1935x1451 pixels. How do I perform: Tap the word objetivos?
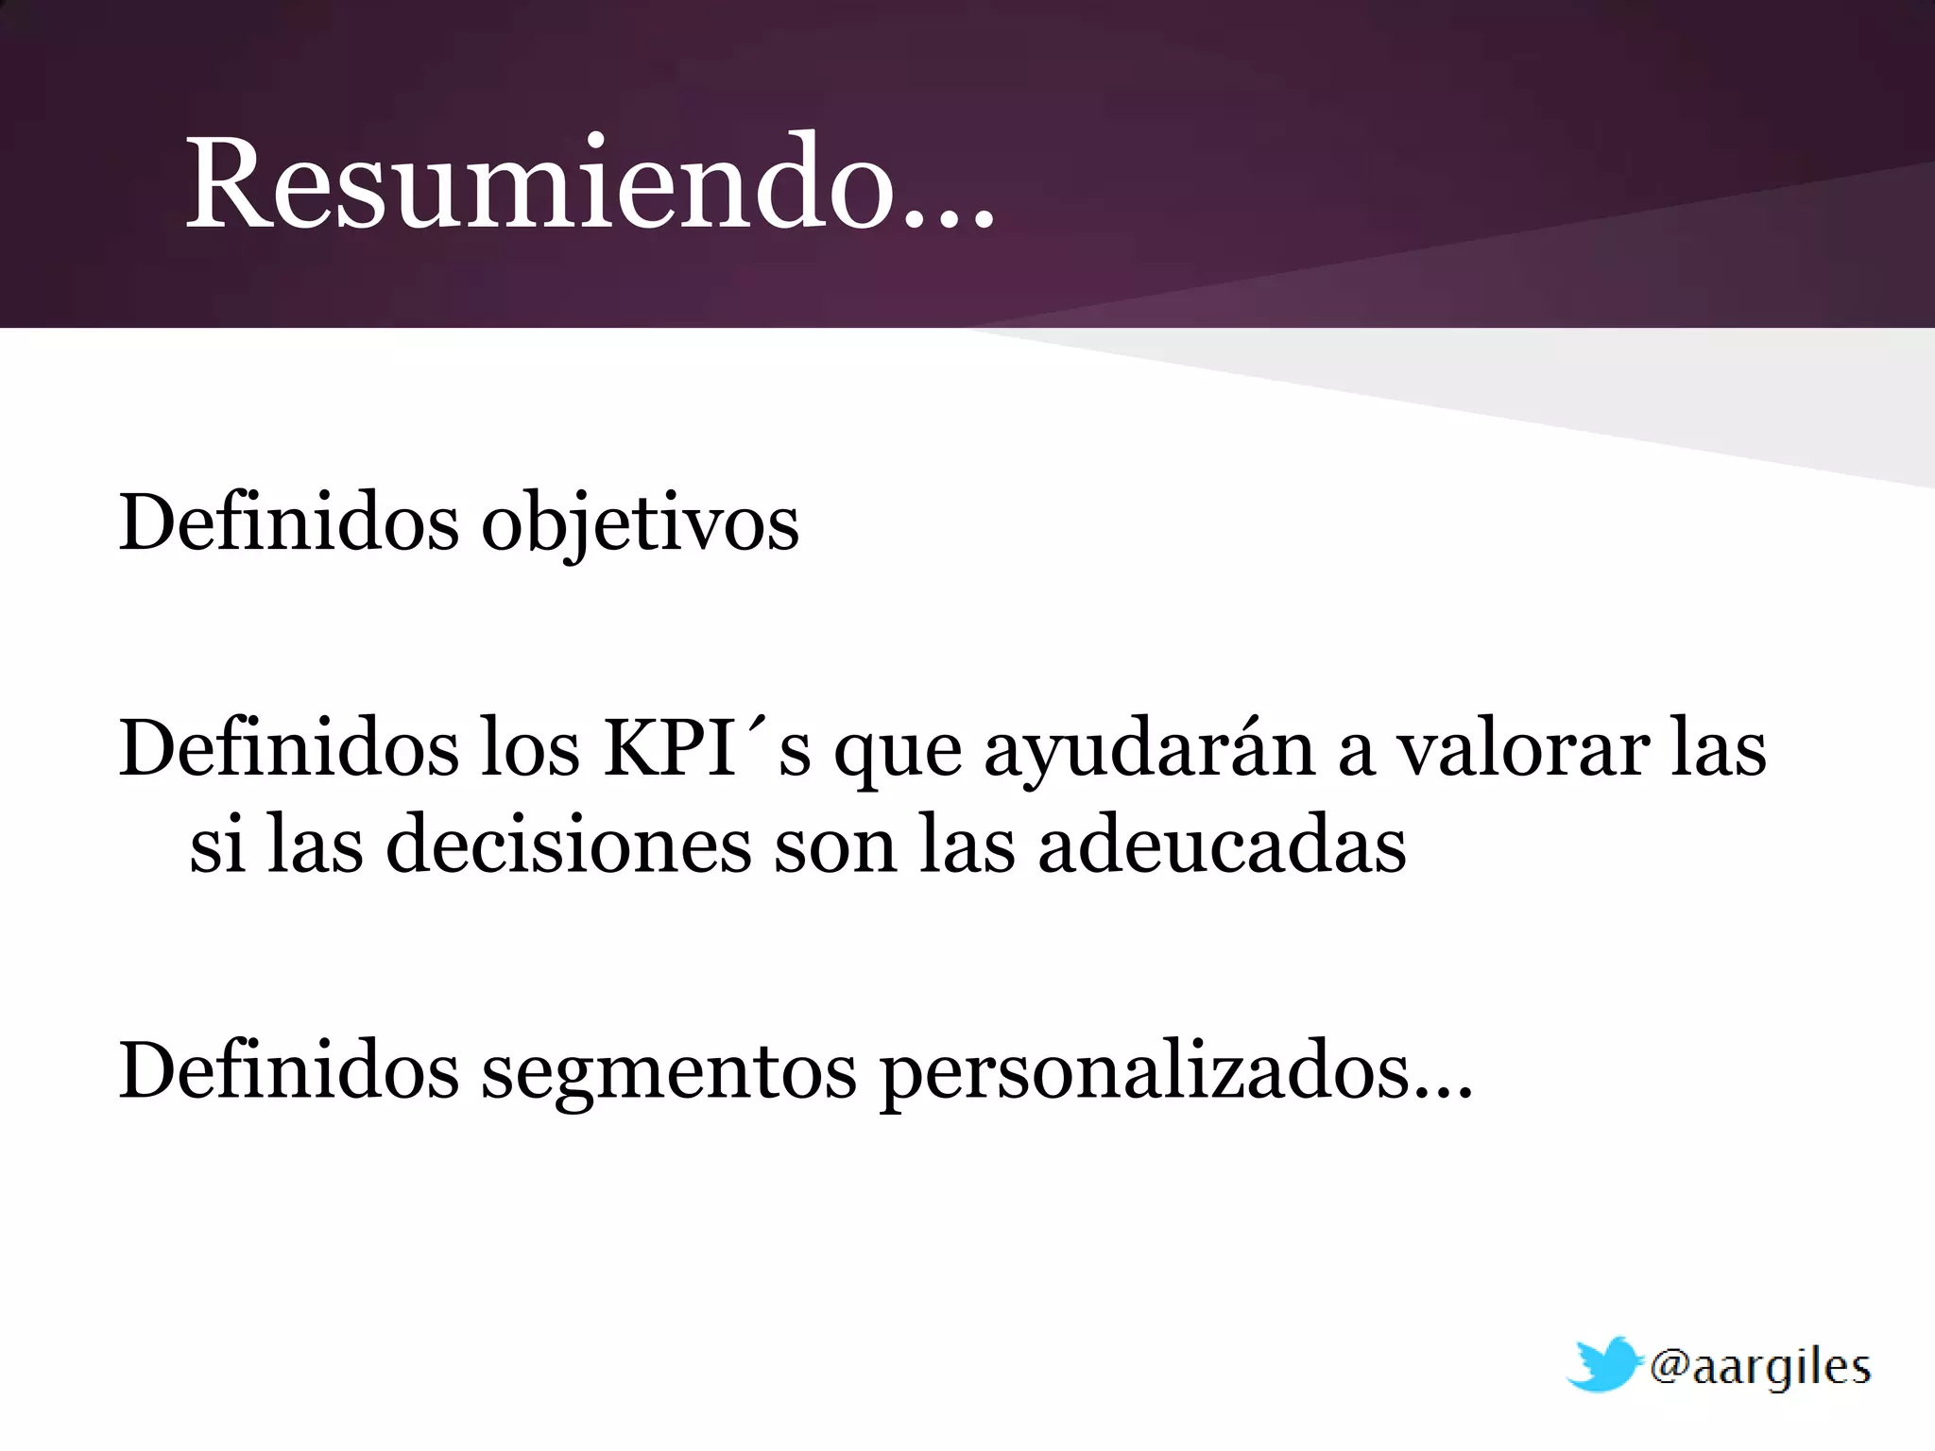click(640, 523)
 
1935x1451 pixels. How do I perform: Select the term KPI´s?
click(707, 748)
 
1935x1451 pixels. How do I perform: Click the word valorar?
click(1523, 748)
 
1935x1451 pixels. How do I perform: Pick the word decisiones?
click(569, 844)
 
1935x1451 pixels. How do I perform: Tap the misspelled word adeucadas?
click(1222, 844)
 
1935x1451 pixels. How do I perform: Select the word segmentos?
click(669, 1073)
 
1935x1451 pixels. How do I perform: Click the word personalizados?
click(1145, 1073)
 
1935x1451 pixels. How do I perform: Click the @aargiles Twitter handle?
click(1759, 1368)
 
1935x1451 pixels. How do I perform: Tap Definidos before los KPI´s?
click(288, 748)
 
